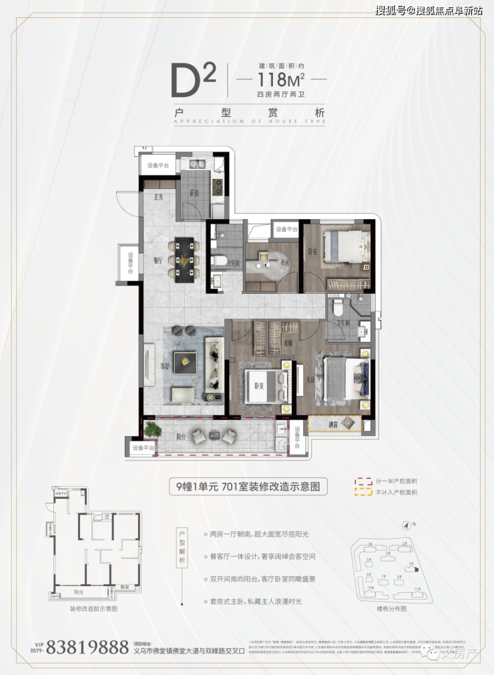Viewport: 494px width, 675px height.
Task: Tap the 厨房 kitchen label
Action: [194, 194]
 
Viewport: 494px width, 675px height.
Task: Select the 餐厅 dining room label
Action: [158, 262]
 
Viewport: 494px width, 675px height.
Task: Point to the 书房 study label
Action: [284, 264]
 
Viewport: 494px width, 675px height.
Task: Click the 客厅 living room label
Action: [165, 366]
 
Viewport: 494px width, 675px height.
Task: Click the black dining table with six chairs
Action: [184, 260]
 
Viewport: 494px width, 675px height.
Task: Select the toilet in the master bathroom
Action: [338, 308]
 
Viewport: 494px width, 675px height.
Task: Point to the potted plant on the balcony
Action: [154, 430]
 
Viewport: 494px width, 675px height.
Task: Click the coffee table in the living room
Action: [184, 363]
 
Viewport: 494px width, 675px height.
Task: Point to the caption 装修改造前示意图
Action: [93, 609]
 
